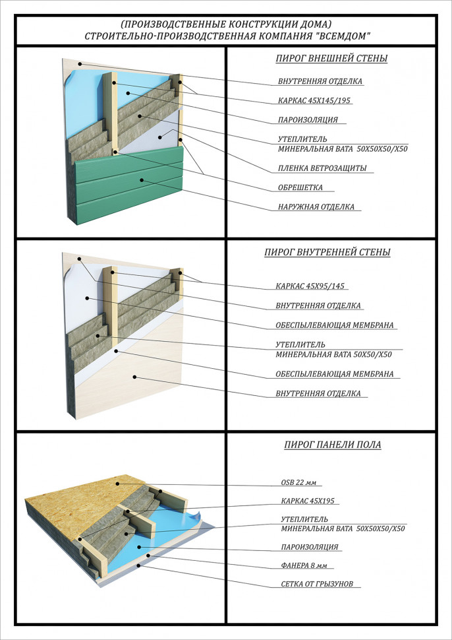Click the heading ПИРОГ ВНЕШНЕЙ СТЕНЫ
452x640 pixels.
331,59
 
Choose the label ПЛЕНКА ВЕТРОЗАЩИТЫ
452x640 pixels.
322,168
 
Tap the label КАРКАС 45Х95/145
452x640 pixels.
311,287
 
